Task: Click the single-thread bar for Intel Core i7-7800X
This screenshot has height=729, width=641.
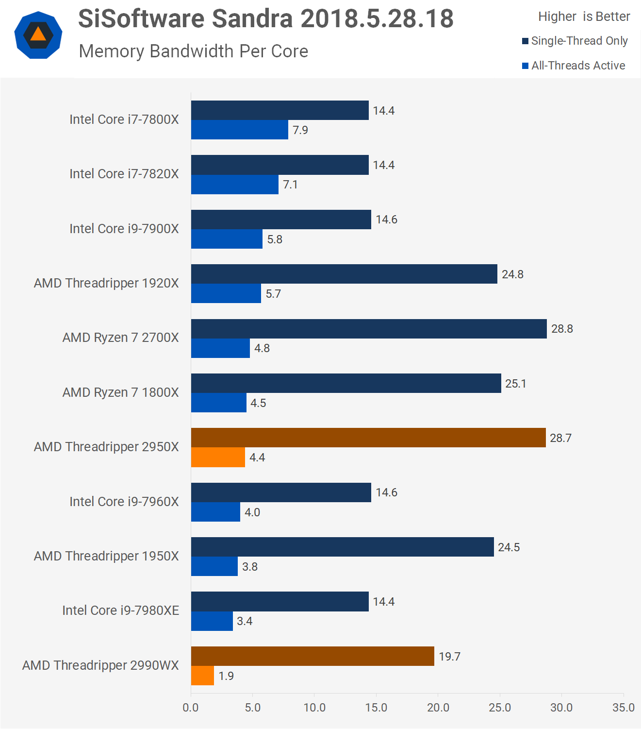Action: point(279,110)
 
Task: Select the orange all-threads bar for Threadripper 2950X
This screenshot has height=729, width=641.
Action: point(218,458)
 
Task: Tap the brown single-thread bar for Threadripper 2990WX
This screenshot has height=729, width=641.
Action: point(312,656)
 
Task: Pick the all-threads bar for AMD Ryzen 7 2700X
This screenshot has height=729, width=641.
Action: point(220,348)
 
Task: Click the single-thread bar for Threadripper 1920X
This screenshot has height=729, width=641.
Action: point(344,274)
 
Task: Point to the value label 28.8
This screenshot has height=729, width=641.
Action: point(562,329)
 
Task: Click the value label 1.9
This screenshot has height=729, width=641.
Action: point(226,676)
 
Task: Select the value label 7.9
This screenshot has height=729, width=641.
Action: point(300,130)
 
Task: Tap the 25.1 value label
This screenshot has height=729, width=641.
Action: point(515,384)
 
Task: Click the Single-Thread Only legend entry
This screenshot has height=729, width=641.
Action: point(575,41)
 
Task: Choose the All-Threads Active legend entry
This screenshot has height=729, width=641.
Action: point(574,66)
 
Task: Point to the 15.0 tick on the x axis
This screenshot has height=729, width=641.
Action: point(376,708)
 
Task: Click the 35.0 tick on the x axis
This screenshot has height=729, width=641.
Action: point(623,708)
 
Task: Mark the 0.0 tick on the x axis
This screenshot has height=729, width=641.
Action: point(191,708)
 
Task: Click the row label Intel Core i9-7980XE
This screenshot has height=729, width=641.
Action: point(121,610)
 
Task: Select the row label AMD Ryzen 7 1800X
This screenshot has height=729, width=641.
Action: point(121,392)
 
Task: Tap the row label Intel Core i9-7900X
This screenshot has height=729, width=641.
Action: point(124,229)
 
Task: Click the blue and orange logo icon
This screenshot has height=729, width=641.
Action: point(38,35)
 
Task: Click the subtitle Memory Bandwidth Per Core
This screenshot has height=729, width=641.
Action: point(194,51)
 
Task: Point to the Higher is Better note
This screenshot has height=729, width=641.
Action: point(584,17)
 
